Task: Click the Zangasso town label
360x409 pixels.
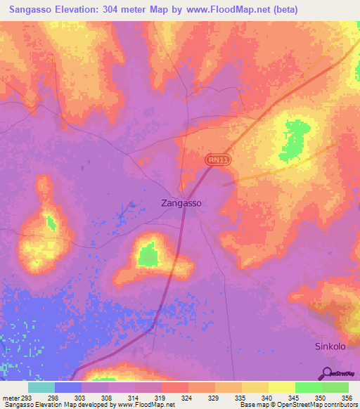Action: [x=178, y=202]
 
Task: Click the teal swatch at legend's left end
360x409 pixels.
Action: [x=41, y=387]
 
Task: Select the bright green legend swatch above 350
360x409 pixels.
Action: [x=308, y=387]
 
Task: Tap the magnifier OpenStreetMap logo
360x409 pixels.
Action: [x=328, y=373]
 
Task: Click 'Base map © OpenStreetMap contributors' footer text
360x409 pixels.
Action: [x=296, y=405]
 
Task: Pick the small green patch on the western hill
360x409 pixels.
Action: [x=50, y=223]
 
